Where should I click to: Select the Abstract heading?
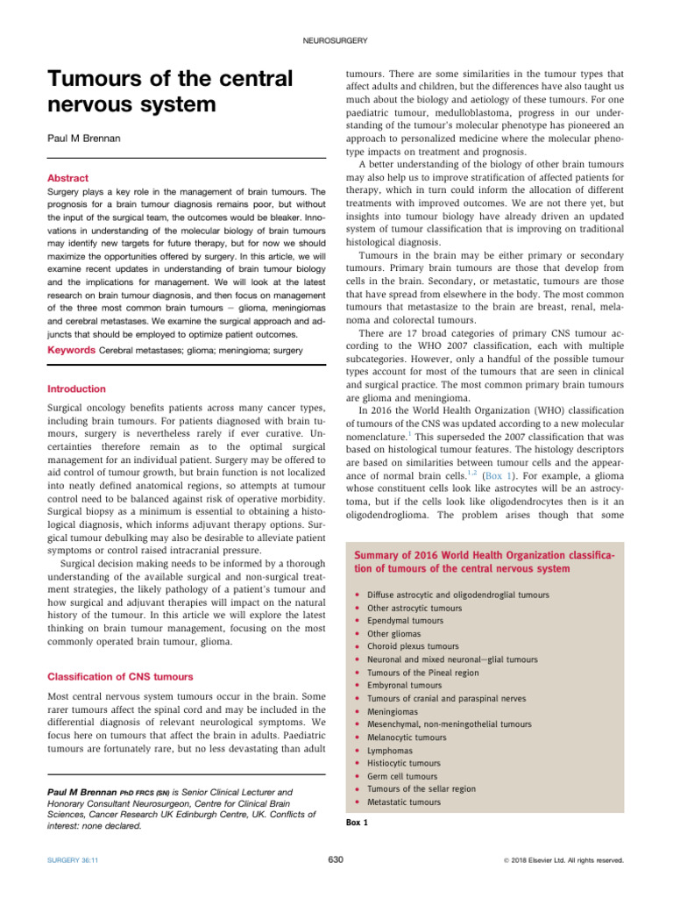66,177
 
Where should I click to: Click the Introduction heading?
75,388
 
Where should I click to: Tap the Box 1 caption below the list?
356,822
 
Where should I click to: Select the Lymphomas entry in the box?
391,750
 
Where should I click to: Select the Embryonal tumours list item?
406,685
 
